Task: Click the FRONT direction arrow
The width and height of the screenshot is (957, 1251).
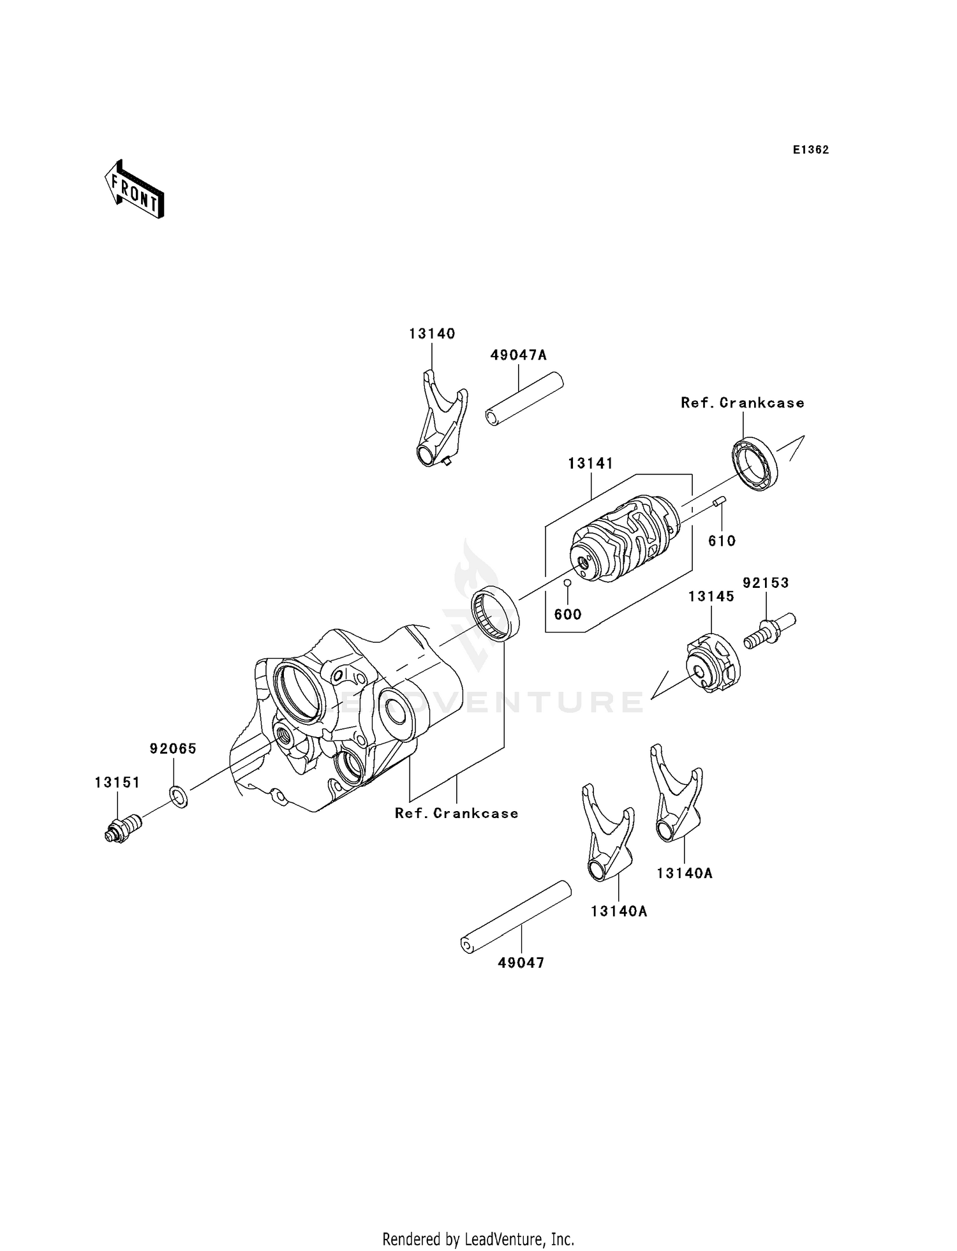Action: pos(135,190)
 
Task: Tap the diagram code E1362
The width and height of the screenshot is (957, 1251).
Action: pos(811,150)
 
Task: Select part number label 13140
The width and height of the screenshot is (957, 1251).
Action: pos(432,333)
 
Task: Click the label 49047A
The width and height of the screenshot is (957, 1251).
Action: pos(518,355)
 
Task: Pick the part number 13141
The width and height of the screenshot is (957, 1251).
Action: pos(590,464)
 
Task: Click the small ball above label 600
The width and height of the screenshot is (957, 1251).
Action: pos(567,583)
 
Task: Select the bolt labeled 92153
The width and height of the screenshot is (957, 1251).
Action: pos(769,628)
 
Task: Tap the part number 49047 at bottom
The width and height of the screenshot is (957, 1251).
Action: pos(521,963)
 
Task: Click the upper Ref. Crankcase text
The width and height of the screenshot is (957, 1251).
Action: pos(742,403)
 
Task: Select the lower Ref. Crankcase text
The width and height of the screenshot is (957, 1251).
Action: pos(456,814)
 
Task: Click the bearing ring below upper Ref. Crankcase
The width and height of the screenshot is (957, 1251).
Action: pos(754,464)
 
